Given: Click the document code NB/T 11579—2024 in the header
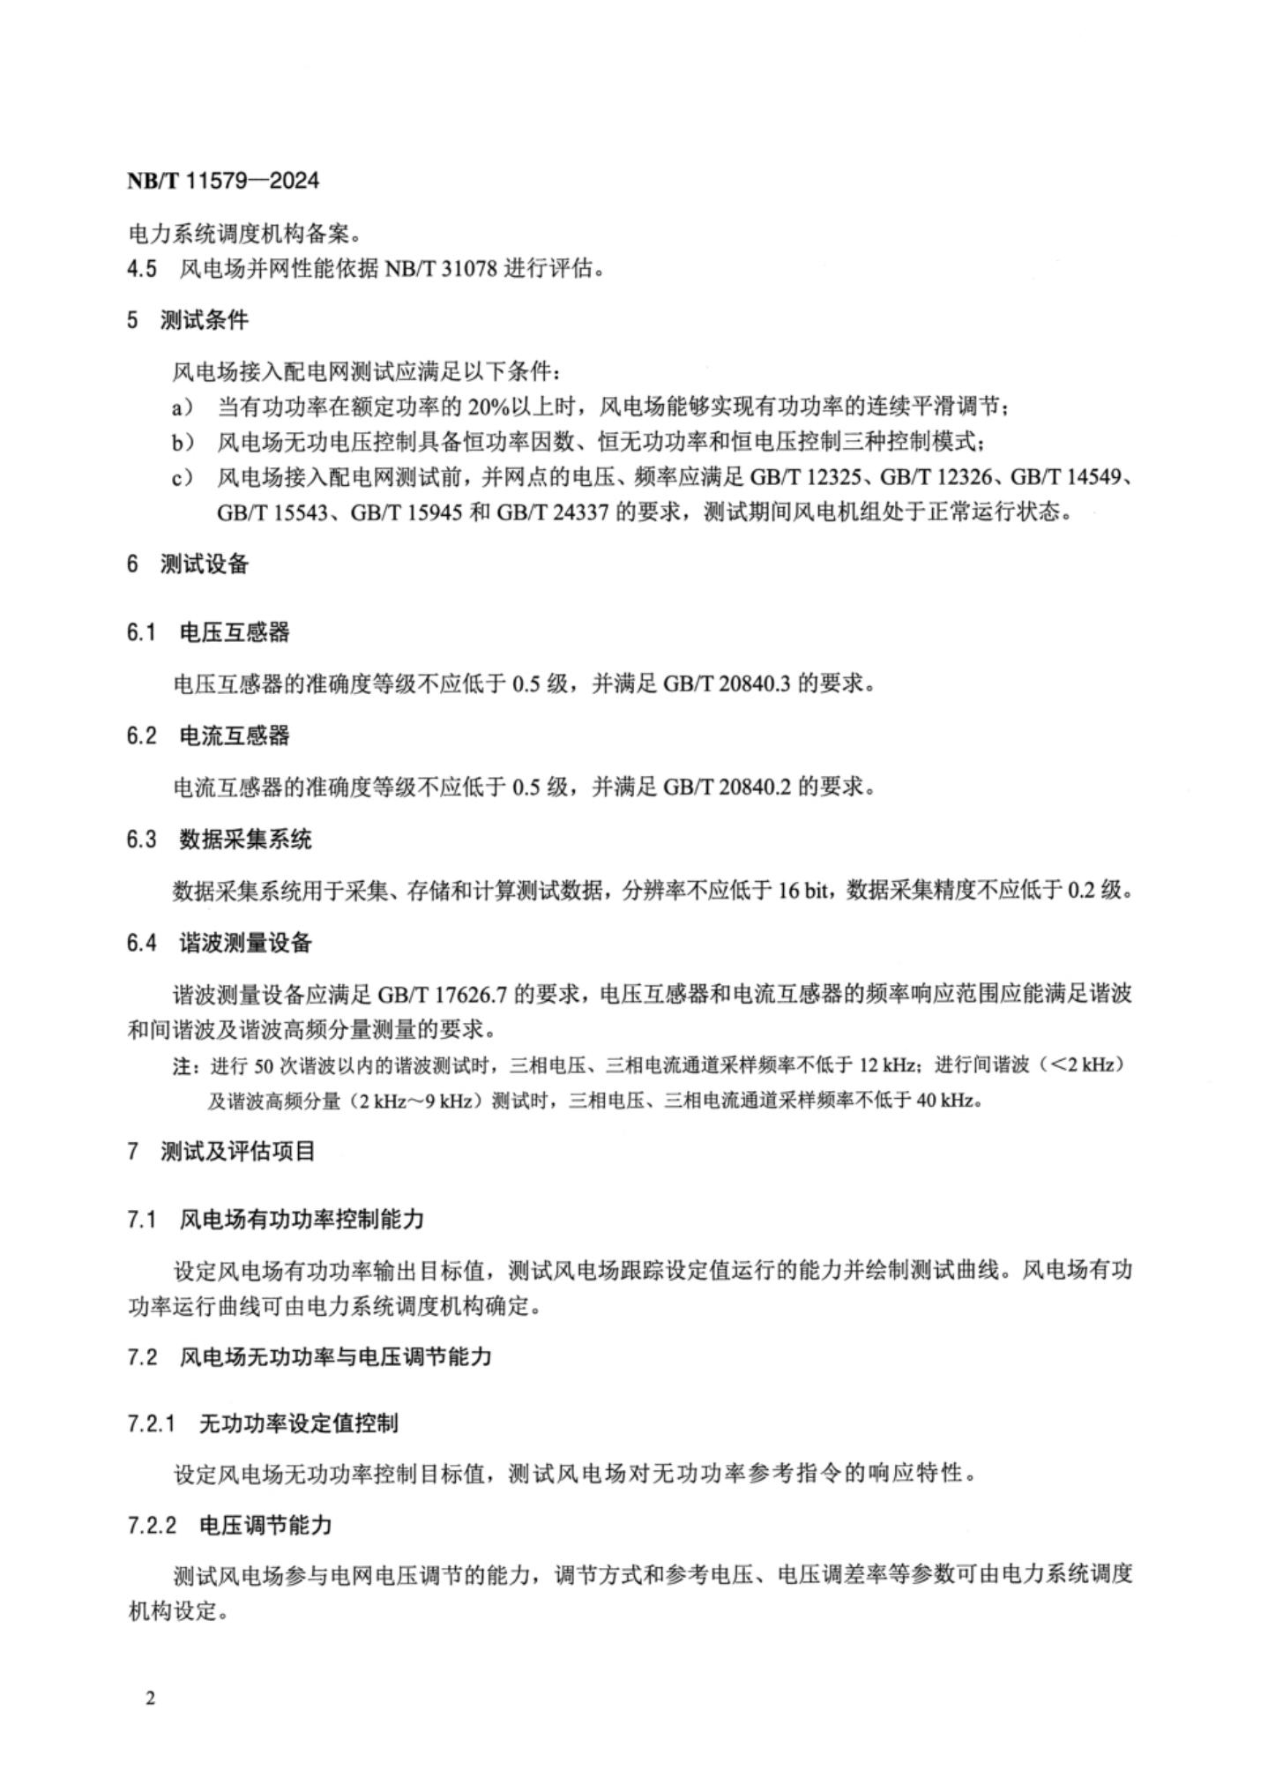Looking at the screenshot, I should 223,181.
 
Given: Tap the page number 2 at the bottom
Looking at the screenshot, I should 151,1698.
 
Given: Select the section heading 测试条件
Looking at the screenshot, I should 204,320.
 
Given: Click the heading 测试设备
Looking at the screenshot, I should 204,564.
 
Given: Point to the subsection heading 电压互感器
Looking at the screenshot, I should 234,631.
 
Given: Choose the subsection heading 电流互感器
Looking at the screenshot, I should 234,735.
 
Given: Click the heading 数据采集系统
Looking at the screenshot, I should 245,839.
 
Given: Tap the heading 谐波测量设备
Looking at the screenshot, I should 245,943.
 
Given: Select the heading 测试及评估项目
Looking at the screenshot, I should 237,1151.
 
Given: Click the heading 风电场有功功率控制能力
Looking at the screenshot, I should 302,1220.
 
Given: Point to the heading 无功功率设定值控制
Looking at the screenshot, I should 298,1422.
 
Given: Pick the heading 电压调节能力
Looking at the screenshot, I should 265,1525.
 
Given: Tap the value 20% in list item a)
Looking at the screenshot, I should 488,407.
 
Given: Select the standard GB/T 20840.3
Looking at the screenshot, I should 726,683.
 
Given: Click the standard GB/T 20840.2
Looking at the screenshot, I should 726,787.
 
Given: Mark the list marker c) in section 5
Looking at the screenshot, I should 182,478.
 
